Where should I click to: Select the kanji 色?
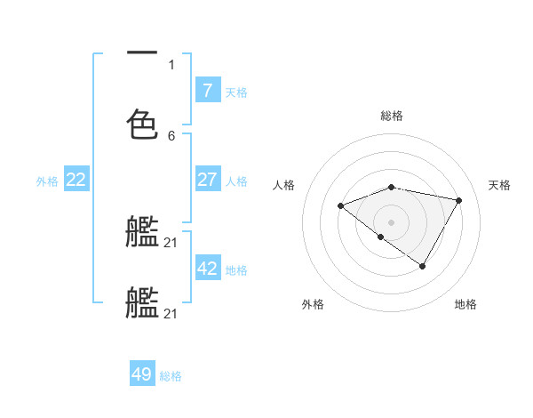[x=142, y=125]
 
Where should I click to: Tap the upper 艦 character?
[x=142, y=232]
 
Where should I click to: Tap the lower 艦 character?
[x=142, y=302]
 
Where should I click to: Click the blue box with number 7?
[x=207, y=91]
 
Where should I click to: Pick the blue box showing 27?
[x=207, y=180]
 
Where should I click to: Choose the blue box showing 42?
[x=207, y=269]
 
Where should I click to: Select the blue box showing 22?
[x=76, y=180]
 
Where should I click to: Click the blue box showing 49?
[x=142, y=374]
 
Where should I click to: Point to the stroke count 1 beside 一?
[x=171, y=64]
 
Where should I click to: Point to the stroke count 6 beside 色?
[x=171, y=135]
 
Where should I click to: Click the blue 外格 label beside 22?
[x=47, y=181]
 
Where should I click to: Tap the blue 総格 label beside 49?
[x=171, y=376]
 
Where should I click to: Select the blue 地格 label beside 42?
[x=236, y=269]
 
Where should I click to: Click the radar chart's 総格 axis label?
[x=392, y=116]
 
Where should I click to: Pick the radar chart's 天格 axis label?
[x=499, y=185]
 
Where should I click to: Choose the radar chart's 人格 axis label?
[x=284, y=185]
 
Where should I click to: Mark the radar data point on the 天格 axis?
[x=459, y=200]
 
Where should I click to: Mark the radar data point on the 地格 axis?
[x=423, y=266]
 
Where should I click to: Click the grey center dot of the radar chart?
[x=392, y=221]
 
